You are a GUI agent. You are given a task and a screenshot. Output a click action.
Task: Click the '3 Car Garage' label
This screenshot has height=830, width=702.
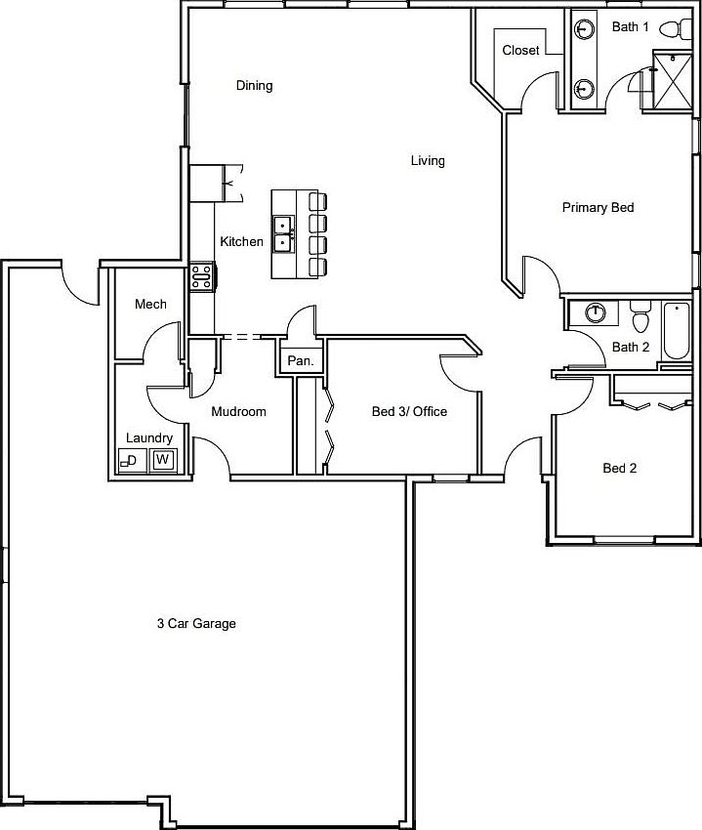tap(197, 623)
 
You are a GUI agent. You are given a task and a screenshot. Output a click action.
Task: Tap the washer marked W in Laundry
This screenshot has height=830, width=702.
tap(163, 459)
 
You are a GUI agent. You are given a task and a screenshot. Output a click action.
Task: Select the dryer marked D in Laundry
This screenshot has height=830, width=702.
tap(131, 459)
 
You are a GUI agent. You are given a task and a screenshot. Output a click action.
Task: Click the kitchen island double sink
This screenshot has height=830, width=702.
tap(283, 234)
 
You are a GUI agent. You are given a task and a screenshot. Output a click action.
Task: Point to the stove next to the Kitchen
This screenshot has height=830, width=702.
tap(201, 276)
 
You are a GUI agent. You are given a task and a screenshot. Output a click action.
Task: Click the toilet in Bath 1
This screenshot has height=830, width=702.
tap(672, 28)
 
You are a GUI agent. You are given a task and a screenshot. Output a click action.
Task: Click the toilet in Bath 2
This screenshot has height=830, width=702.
tap(640, 317)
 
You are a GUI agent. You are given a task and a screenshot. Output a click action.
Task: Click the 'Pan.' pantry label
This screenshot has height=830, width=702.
tap(300, 361)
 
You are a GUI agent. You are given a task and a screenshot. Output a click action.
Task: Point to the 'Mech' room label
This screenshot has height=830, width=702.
tap(150, 305)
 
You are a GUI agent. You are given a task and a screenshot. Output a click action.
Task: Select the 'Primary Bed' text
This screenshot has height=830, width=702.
tap(598, 207)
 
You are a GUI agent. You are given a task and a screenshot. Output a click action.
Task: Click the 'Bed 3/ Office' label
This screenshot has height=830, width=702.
tap(409, 411)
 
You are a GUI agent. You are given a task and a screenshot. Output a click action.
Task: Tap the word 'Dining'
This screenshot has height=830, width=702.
tap(254, 85)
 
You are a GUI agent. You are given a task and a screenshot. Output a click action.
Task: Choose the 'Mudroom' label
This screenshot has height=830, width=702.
tap(238, 411)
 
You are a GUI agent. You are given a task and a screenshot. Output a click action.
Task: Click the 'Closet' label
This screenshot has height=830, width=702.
tap(520, 50)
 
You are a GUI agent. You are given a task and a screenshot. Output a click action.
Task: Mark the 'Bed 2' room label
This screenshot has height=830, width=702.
tap(619, 468)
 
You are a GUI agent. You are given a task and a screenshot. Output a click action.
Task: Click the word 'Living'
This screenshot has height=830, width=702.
tap(428, 160)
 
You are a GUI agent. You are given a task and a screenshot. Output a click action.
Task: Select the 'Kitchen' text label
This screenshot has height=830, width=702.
tap(241, 241)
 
